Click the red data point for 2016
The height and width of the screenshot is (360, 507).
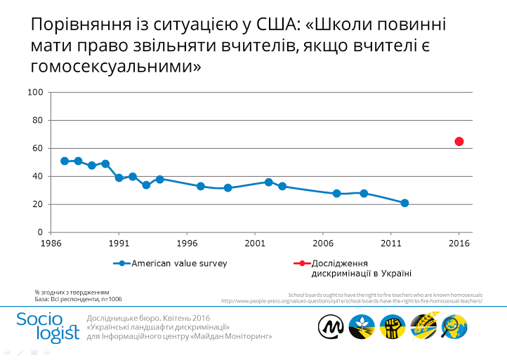(x=459, y=141)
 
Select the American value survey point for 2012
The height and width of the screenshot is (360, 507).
(x=404, y=203)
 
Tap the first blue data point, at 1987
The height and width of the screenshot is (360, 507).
(x=65, y=161)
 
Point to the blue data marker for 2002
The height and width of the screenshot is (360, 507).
(x=268, y=182)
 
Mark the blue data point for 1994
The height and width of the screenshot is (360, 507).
(x=160, y=179)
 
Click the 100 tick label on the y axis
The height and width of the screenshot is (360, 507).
(x=36, y=93)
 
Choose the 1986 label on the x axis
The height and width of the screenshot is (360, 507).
(x=51, y=244)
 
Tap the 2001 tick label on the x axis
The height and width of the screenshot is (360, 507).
(x=255, y=244)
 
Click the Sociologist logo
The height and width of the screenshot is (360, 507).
(x=48, y=326)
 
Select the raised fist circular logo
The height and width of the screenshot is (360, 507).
(x=393, y=326)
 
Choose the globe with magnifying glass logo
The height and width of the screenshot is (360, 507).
(x=454, y=326)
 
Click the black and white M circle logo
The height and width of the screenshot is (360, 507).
(x=331, y=326)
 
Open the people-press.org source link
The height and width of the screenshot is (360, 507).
(x=351, y=300)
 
